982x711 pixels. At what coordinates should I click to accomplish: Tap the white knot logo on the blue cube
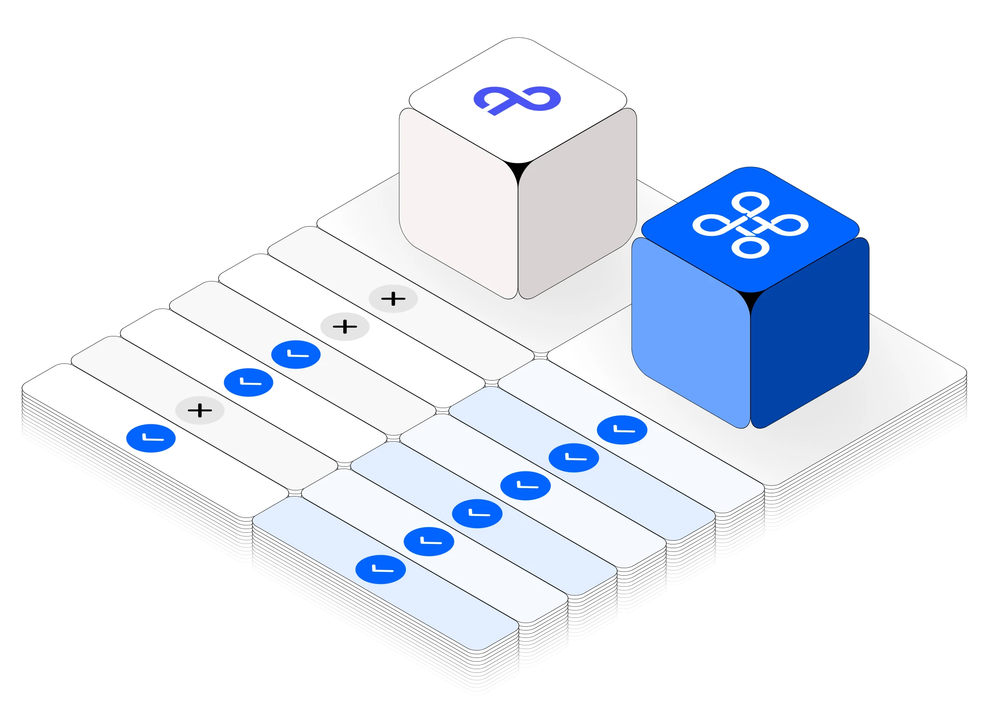coord(750,225)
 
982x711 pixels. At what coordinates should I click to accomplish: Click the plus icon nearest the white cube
coord(393,299)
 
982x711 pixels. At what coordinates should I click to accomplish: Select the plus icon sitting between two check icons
coord(200,410)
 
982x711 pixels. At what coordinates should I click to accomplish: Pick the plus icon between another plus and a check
coord(345,327)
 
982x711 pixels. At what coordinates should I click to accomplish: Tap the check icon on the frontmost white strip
coord(151,438)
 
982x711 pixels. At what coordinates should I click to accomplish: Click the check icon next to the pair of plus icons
coord(296,355)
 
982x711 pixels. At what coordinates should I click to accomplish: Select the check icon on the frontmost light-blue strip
coord(381,570)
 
